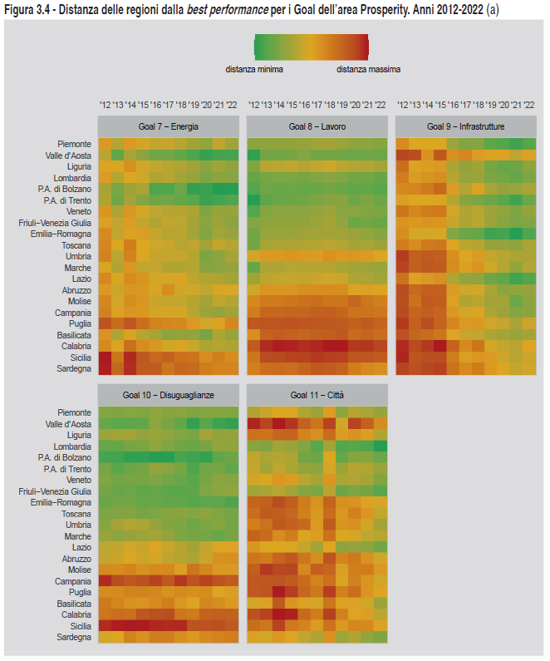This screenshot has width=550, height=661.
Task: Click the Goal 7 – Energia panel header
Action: pos(168,127)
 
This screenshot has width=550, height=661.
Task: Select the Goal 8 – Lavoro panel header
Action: pos(317,127)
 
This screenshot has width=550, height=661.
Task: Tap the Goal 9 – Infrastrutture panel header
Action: pos(465,127)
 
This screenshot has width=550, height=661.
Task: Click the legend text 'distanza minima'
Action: pos(255,69)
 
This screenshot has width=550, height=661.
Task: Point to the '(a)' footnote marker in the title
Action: pos(493,8)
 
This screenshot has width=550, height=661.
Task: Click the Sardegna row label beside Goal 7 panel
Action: pos(74,368)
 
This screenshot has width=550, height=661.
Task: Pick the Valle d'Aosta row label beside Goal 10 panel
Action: pos(68,424)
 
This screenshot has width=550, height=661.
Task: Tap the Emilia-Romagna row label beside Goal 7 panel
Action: pos(61,234)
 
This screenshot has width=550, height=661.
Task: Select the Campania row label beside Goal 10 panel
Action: pos(73,581)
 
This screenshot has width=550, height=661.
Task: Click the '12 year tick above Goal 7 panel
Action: pos(105,105)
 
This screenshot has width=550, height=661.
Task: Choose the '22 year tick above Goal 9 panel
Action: pos(529,105)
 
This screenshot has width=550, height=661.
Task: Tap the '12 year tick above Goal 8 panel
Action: pos(253,105)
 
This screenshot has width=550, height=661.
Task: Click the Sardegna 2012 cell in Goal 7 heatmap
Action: pos(105,368)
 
